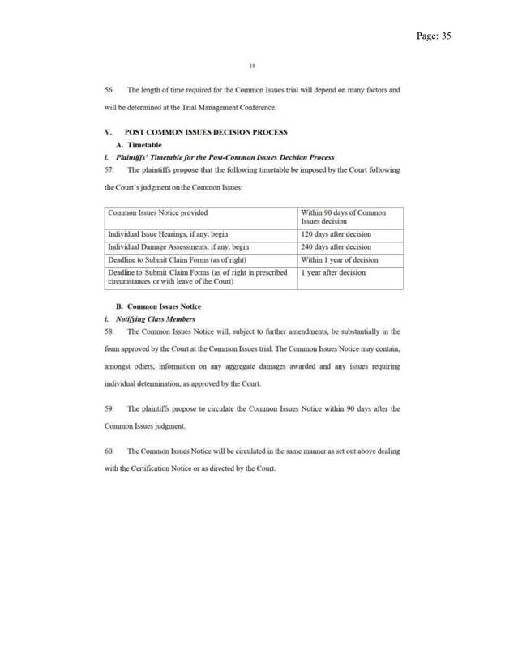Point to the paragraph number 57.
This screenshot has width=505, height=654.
pos(110,167)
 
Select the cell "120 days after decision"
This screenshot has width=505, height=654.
pos(332,231)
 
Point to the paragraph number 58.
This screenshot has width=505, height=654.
pos(110,333)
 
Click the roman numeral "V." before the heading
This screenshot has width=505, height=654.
pos(109,130)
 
